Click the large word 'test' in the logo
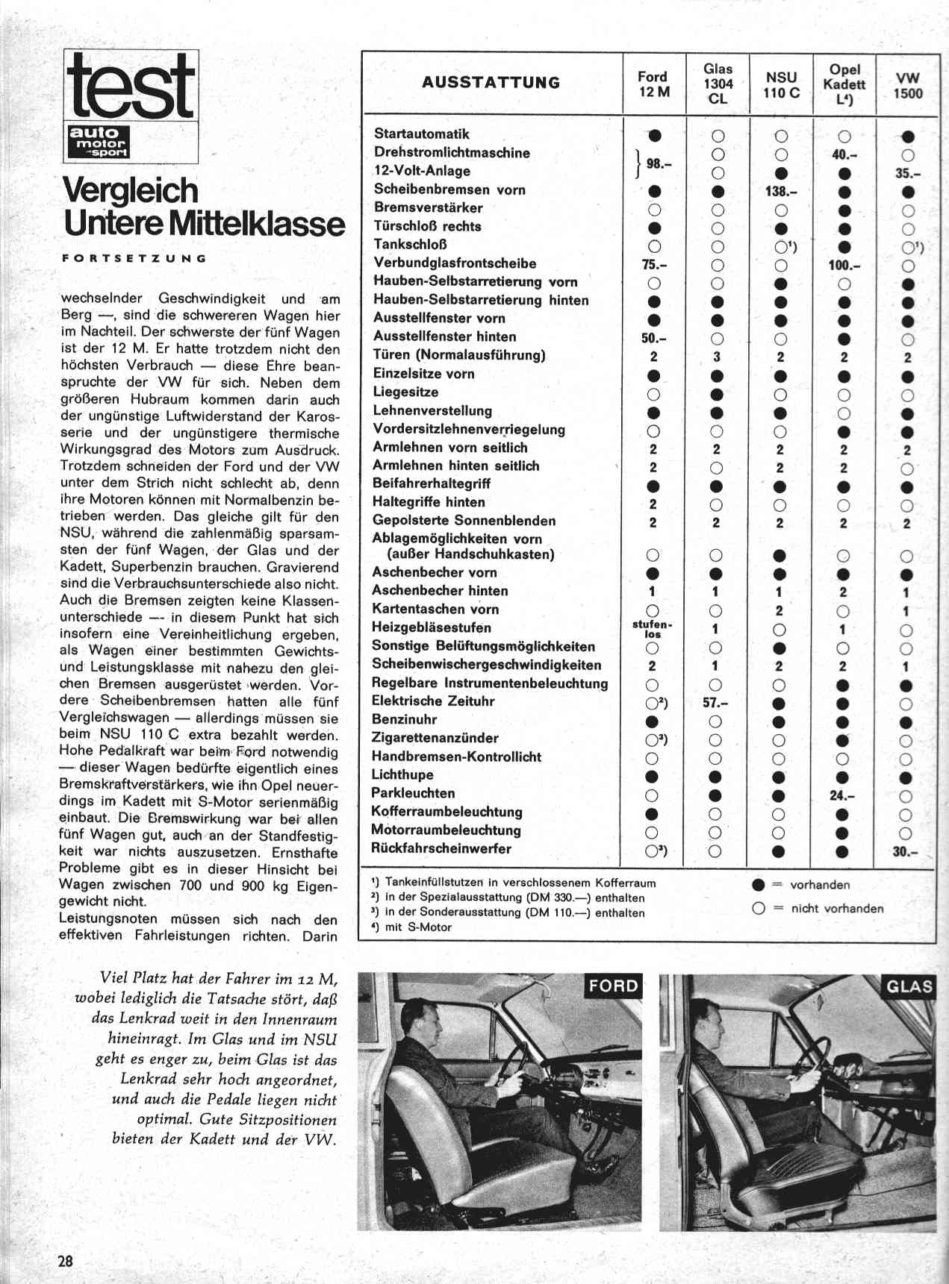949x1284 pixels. tap(131, 87)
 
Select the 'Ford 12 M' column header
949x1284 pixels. tap(653, 84)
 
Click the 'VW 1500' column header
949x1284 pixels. tap(907, 85)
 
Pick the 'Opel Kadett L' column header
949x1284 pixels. tap(844, 84)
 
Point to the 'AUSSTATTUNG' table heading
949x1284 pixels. tap(491, 83)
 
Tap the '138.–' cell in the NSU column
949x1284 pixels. tap(781, 191)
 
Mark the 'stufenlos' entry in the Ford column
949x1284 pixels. tap(653, 629)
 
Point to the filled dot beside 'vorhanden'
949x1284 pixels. tap(759, 886)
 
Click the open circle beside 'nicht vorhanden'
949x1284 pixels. tap(759, 909)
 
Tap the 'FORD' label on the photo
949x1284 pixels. tap(613, 986)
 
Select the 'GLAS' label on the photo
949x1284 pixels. tap(909, 987)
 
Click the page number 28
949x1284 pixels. tap(66, 1262)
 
